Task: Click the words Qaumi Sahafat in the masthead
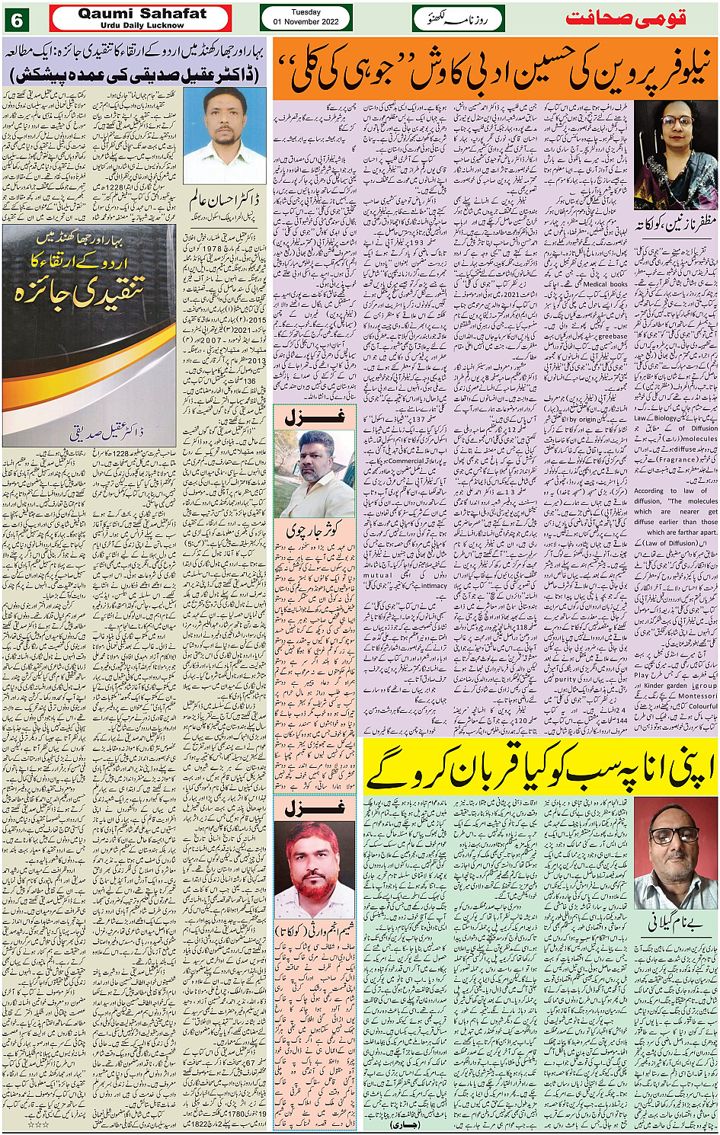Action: pyautogui.click(x=142, y=13)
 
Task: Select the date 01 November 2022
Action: pyautogui.click(x=306, y=21)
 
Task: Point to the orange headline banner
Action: pyautogui.click(x=495, y=70)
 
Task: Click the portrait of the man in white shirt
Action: pyautogui.click(x=225, y=135)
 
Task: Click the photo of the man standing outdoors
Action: pyautogui.click(x=314, y=474)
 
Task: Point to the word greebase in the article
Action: pyautogui.click(x=612, y=335)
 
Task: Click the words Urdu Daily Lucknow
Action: pyautogui.click(x=142, y=25)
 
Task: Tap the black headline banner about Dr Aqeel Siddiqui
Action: pyautogui.click(x=135, y=75)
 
